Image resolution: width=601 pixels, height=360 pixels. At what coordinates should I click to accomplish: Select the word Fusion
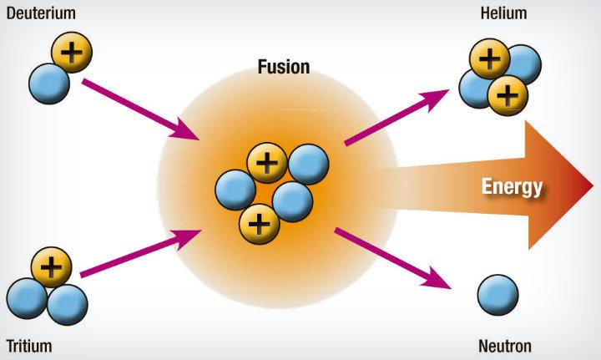[283, 66]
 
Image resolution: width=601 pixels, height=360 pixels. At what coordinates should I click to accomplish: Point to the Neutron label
[505, 346]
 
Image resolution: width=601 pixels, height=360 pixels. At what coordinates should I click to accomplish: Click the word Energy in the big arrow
[512, 186]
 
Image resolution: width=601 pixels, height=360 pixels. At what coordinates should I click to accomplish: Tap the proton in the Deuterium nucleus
[73, 53]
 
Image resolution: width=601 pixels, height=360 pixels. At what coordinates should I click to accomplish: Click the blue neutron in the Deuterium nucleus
[48, 84]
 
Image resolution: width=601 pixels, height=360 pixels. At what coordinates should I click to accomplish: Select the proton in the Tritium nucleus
[52, 267]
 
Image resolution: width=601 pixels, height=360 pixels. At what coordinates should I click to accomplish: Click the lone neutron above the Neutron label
[498, 295]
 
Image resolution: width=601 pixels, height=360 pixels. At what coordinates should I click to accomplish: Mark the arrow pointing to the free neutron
[393, 257]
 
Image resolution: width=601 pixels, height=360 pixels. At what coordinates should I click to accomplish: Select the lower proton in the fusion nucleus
[260, 224]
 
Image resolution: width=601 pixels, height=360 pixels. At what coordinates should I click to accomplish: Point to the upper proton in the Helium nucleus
[489, 59]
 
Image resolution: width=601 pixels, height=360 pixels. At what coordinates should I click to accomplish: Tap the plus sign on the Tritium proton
[52, 267]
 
